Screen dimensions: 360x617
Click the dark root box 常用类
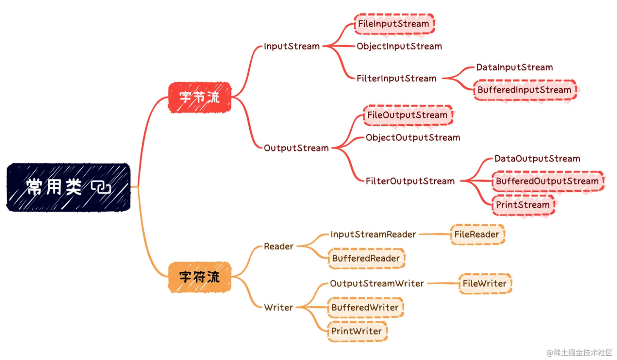(x=68, y=187)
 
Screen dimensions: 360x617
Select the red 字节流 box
(x=200, y=97)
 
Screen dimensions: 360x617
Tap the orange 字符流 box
(x=200, y=277)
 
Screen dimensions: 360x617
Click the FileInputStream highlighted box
(x=394, y=24)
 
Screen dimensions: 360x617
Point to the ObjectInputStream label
(x=399, y=46)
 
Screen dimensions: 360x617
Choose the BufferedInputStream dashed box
(x=525, y=90)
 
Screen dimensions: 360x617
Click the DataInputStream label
(x=514, y=67)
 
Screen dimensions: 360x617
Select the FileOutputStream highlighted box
(x=408, y=115)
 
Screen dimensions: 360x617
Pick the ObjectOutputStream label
(x=413, y=138)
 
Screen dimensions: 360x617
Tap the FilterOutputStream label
(x=410, y=181)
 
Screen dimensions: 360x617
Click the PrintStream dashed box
(x=523, y=205)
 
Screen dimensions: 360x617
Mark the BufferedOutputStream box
(x=547, y=181)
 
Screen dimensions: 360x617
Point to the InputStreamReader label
(x=373, y=234)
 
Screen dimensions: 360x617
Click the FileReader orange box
(x=477, y=235)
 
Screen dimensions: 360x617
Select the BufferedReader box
(x=366, y=258)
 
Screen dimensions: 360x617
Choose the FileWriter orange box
(x=485, y=283)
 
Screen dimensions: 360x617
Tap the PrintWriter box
(x=357, y=331)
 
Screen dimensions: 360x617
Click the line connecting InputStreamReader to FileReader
(x=434, y=234)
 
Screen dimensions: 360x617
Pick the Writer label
(x=278, y=307)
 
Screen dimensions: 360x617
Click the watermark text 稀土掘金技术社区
(x=582, y=352)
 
